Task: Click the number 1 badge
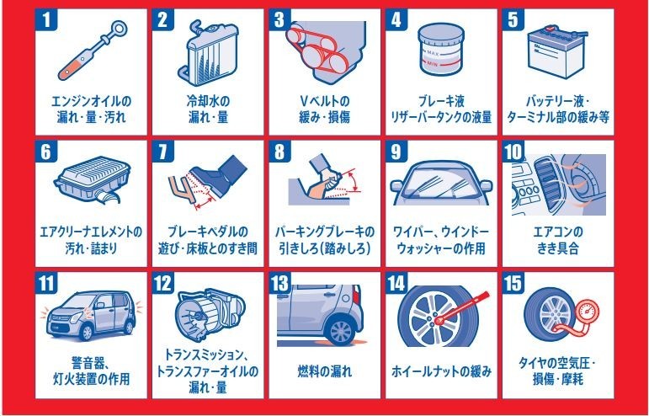46,19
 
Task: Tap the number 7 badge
162,151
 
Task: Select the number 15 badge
513,283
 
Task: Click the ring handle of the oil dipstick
120,29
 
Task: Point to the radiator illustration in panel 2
208,53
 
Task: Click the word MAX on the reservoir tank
433,53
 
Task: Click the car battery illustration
557,51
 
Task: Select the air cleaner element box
93,179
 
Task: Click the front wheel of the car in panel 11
86,331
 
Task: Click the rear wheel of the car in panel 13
340,330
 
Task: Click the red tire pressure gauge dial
588,312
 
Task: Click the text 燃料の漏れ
325,371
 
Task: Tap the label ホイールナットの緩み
441,371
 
